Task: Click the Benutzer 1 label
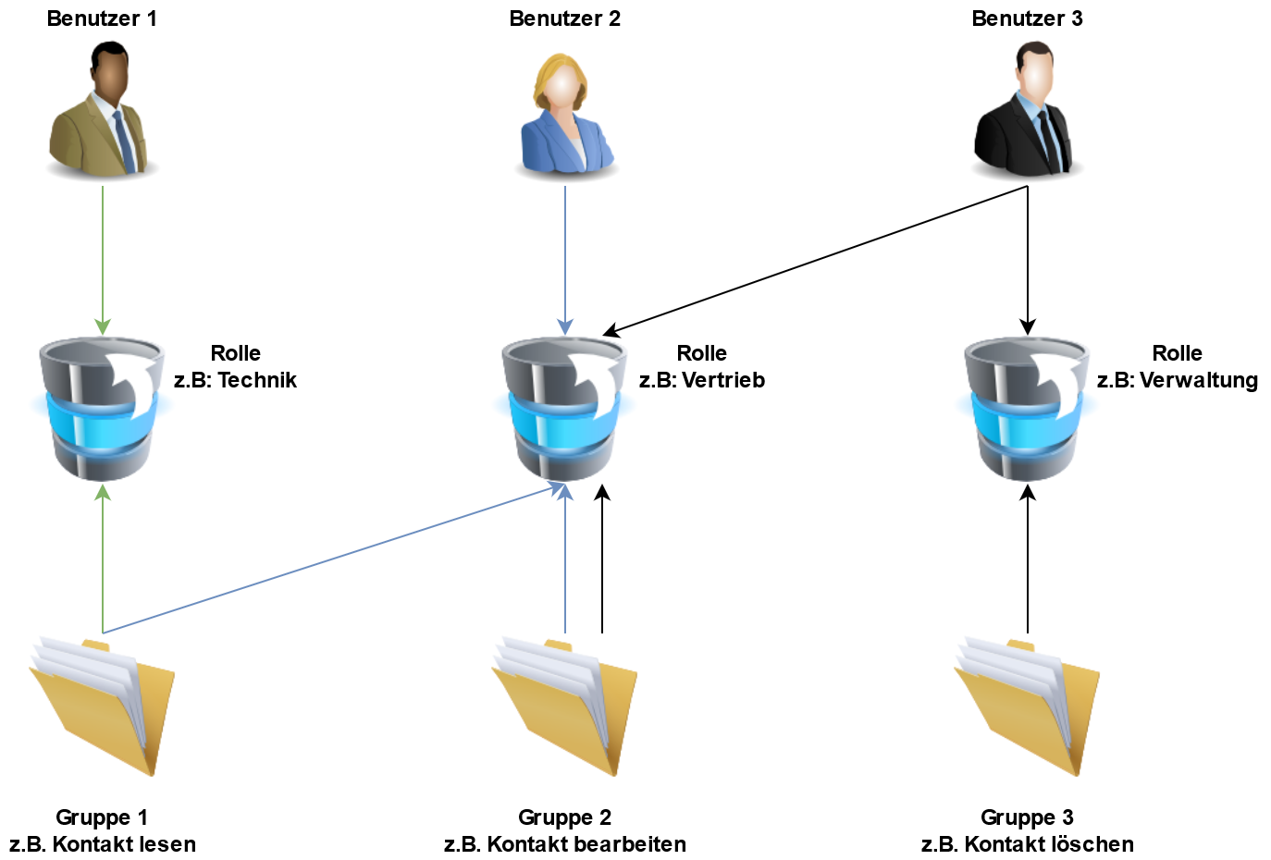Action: (x=102, y=18)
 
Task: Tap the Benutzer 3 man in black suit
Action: (x=1027, y=111)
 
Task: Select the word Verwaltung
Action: (x=1199, y=380)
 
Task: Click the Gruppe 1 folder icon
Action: (x=102, y=705)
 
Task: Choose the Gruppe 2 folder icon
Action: (x=564, y=705)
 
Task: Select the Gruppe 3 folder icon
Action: (x=1027, y=705)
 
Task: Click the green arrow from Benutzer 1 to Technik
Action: (x=103, y=259)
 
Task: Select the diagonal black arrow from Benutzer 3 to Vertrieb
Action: (x=814, y=260)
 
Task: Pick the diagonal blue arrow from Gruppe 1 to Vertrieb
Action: (x=333, y=558)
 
